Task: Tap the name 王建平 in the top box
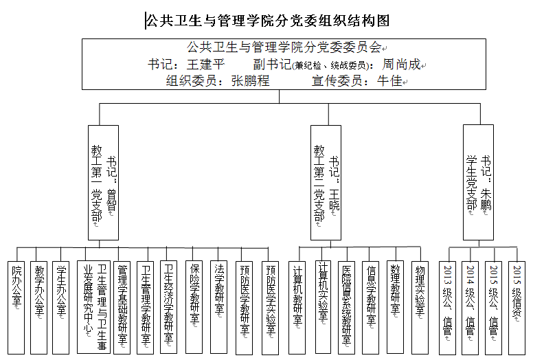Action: click(206, 65)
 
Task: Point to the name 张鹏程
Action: click(250, 80)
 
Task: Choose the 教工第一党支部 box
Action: click(104, 182)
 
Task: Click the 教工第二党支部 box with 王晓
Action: click(326, 182)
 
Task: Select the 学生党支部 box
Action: click(478, 182)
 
